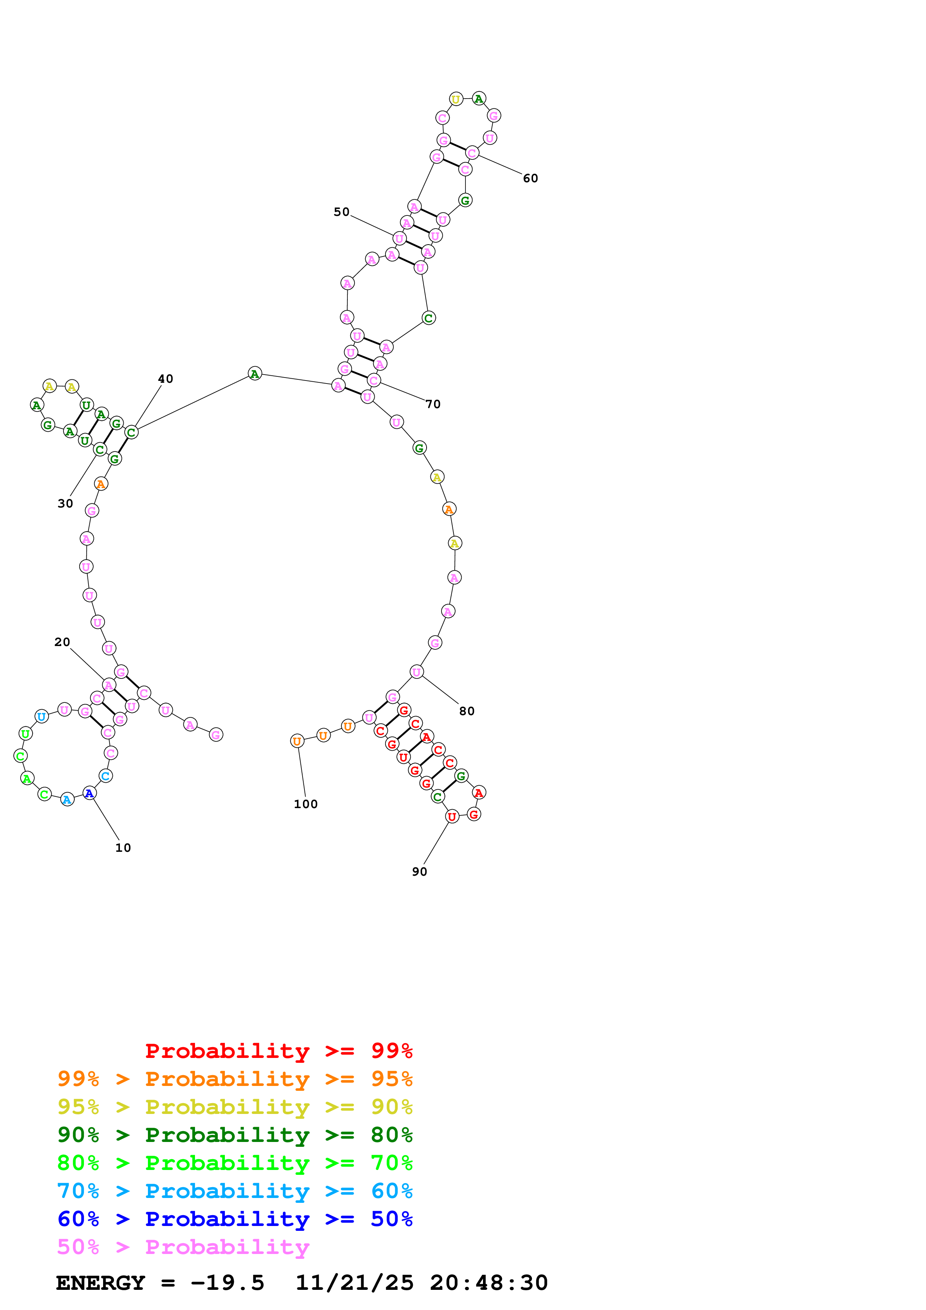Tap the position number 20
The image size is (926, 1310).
coord(62,642)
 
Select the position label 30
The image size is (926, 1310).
coord(65,503)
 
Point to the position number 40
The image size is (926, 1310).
coord(165,379)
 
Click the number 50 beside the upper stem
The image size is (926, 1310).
coord(341,212)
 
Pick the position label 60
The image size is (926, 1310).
coord(530,178)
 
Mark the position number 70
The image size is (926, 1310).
coord(433,404)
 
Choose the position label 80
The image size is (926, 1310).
coord(467,711)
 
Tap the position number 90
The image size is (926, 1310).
coord(419,872)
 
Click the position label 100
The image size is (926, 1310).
coord(306,804)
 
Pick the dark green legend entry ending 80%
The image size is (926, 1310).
coord(235,1135)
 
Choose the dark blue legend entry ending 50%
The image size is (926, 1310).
coord(235,1219)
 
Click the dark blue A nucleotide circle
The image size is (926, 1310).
coord(90,793)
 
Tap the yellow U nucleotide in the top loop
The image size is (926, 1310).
coord(456,99)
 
